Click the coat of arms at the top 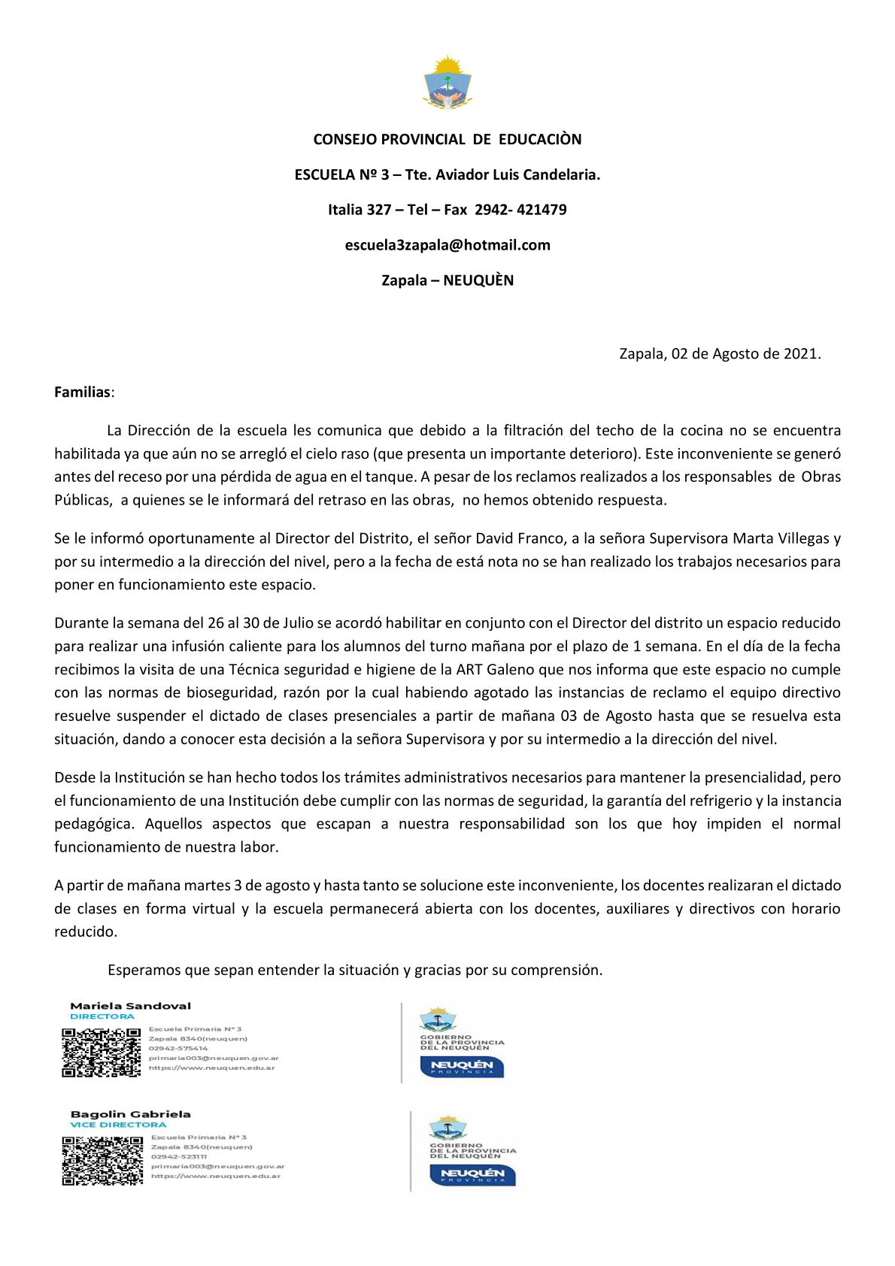pos(447,82)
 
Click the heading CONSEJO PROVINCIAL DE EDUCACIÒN pos(447,140)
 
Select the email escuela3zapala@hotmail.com pos(447,245)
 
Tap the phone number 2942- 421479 pos(520,210)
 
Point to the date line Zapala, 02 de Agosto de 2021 pos(720,354)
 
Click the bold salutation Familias pos(82,392)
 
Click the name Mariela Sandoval pos(130,1006)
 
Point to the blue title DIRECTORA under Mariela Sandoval pos(102,1016)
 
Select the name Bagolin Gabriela pos(130,1114)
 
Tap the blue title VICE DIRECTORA pos(117,1125)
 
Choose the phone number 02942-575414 pos(178,1048)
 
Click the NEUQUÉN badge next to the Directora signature pos(462,1067)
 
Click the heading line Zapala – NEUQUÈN pos(447,280)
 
